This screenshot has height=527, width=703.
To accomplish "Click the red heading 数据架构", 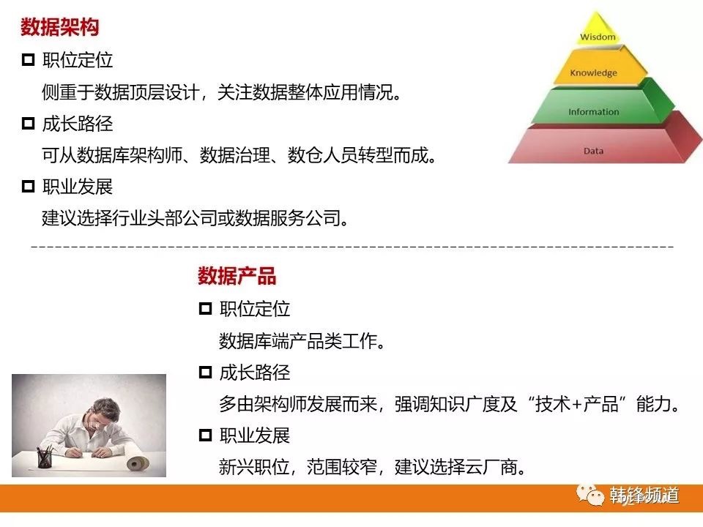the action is click(59, 27).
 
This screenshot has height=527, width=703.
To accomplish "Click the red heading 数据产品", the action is click(237, 276).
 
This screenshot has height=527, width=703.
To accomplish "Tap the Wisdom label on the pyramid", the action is click(598, 37).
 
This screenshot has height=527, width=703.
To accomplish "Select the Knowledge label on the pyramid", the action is click(594, 72).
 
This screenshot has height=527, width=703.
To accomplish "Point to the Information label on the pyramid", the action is click(594, 111).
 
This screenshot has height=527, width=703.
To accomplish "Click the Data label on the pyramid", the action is click(593, 151).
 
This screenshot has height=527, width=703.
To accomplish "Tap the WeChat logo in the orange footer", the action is click(590, 496).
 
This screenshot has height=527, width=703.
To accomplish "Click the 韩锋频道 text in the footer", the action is click(644, 496).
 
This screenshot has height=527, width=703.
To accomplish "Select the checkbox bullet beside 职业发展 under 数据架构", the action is click(29, 186).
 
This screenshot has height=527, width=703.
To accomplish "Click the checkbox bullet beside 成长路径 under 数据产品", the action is click(205, 372).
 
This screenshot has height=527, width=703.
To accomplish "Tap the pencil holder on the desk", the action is click(44, 457).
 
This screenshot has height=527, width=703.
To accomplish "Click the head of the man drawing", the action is click(105, 412).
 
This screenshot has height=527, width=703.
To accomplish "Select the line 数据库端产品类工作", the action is click(302, 341).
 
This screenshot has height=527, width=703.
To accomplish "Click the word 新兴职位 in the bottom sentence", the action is click(254, 467).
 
